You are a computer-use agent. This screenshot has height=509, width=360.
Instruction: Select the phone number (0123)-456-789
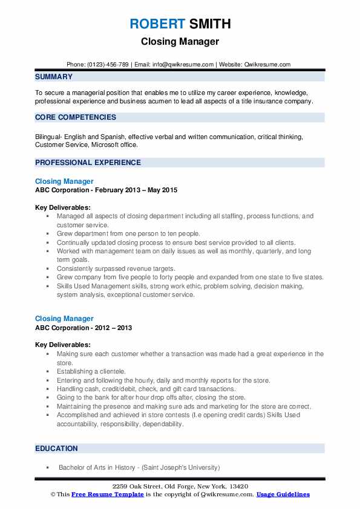[107, 64]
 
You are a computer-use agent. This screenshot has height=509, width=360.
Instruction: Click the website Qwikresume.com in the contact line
[267, 64]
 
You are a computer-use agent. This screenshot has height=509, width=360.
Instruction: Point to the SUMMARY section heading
[54, 77]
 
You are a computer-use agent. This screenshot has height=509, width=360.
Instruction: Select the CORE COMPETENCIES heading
[76, 117]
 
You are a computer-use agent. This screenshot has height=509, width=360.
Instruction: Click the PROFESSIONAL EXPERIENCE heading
[88, 163]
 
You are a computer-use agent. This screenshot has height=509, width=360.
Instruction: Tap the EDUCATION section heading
[56, 449]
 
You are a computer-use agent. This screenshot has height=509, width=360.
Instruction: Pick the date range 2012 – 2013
[111, 328]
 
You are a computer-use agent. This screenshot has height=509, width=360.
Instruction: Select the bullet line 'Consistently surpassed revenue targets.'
[108, 268]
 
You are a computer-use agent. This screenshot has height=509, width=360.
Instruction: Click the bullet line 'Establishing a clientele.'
[91, 371]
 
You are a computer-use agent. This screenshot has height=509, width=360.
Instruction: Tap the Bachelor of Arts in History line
[139, 467]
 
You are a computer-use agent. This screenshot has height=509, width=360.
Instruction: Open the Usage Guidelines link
[283, 494]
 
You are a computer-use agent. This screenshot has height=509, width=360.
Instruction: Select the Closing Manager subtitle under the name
[180, 42]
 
